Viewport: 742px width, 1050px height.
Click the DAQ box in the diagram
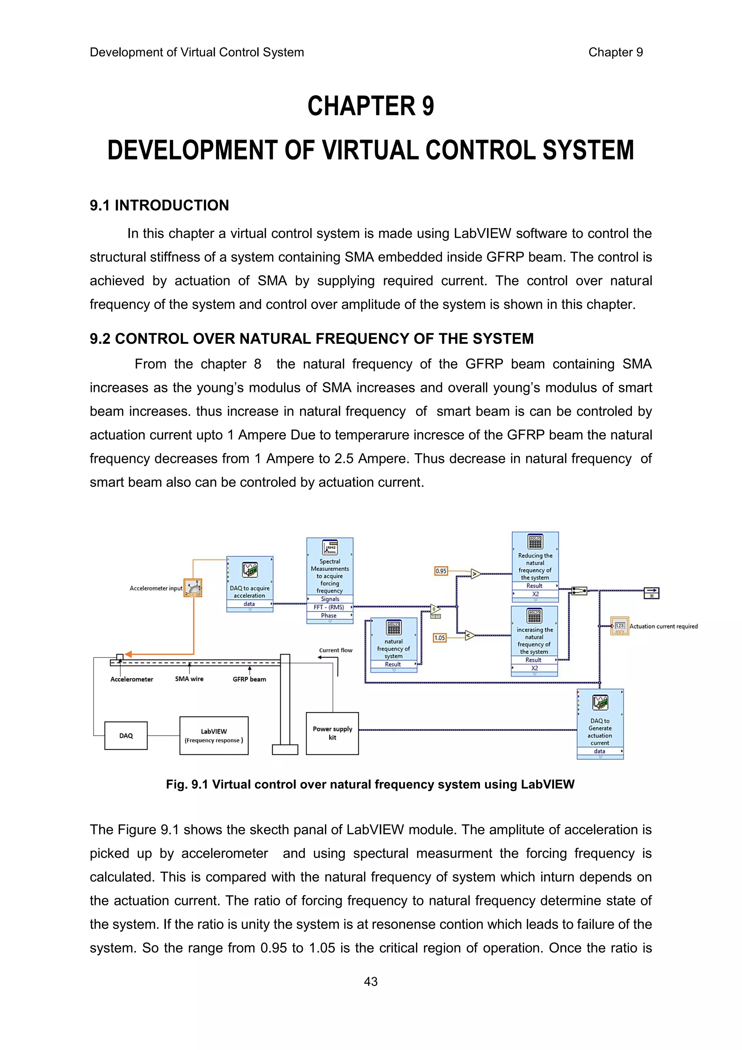(x=126, y=735)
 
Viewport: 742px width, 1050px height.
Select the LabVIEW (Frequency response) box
(x=214, y=735)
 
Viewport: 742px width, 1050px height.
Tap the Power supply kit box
(x=332, y=733)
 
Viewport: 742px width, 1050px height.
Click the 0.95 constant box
(x=441, y=571)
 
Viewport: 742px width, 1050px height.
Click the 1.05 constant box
(x=439, y=637)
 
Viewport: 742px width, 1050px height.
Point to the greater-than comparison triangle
(x=475, y=574)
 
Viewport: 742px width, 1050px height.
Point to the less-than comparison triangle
(x=469, y=635)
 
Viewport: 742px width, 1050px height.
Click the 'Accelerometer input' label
(x=156, y=588)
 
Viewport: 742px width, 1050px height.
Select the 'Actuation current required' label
(x=663, y=626)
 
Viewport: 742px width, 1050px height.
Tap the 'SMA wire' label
(x=189, y=679)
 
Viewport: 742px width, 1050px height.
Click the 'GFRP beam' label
(x=249, y=679)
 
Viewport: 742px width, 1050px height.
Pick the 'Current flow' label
(x=335, y=650)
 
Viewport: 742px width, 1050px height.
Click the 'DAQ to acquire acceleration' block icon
(x=250, y=570)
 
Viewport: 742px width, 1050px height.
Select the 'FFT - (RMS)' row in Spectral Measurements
(x=329, y=607)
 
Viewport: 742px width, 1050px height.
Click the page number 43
(x=371, y=981)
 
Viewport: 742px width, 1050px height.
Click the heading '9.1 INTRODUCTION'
(x=159, y=205)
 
